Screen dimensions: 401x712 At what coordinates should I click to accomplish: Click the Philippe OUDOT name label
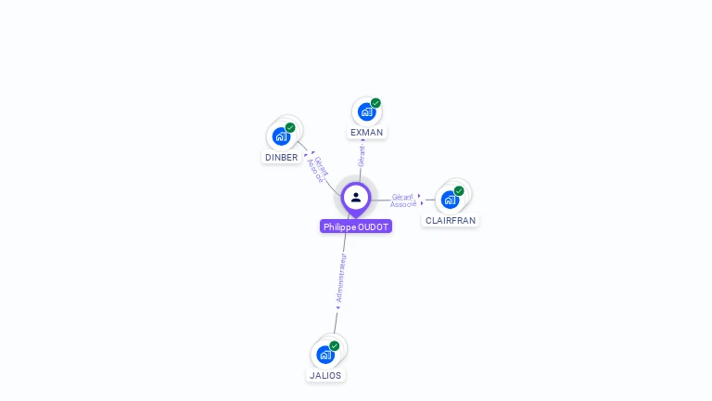pyautogui.click(x=356, y=226)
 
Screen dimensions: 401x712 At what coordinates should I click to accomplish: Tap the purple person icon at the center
pyautogui.click(x=356, y=197)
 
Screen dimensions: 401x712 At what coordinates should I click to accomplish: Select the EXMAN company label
pyautogui.click(x=366, y=133)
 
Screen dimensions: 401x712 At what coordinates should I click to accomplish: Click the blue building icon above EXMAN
pyautogui.click(x=366, y=112)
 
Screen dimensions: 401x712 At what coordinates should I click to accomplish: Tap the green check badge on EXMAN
pyautogui.click(x=375, y=103)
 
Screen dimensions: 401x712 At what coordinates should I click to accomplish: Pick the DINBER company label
pyautogui.click(x=282, y=158)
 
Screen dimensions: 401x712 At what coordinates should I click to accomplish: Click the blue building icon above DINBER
pyautogui.click(x=281, y=136)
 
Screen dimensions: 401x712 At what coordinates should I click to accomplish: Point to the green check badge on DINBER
pyautogui.click(x=290, y=127)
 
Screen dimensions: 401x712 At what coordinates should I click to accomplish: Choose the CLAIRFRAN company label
pyautogui.click(x=451, y=221)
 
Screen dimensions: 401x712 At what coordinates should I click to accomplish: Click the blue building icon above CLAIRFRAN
pyautogui.click(x=450, y=200)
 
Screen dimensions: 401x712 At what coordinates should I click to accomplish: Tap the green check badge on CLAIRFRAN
pyautogui.click(x=459, y=190)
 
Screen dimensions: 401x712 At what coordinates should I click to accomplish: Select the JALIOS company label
pyautogui.click(x=325, y=376)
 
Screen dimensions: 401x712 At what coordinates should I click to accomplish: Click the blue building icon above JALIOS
pyautogui.click(x=324, y=355)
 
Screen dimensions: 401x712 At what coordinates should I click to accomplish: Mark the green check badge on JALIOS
pyautogui.click(x=334, y=345)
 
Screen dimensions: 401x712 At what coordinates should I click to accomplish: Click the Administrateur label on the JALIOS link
pyautogui.click(x=340, y=279)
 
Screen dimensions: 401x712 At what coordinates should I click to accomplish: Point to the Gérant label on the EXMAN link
pyautogui.click(x=362, y=156)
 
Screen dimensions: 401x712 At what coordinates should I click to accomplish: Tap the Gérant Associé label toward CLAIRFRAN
pyautogui.click(x=402, y=200)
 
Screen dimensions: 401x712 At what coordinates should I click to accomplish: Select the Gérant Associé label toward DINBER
pyautogui.click(x=318, y=168)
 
